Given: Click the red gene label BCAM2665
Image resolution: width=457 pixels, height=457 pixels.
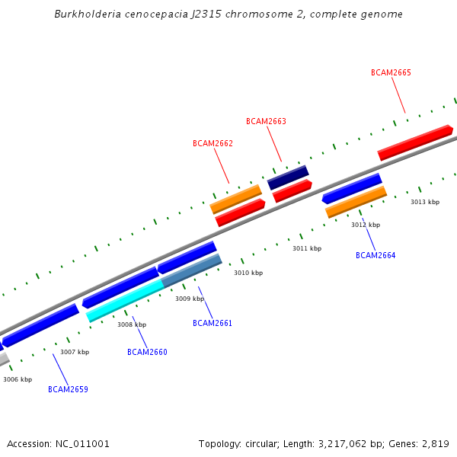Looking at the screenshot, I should [x=391, y=72].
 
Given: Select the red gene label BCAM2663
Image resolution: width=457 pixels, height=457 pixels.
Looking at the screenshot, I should [x=266, y=121].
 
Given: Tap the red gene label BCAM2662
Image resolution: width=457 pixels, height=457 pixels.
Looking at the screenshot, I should [x=213, y=143].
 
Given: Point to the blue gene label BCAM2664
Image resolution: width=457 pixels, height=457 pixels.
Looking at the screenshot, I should [x=376, y=255].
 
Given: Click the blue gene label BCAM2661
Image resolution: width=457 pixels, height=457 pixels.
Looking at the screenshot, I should [x=213, y=323].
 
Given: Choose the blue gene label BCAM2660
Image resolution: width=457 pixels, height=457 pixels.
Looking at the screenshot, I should [x=147, y=352].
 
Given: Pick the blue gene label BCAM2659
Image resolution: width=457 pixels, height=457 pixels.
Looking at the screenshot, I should [x=68, y=389].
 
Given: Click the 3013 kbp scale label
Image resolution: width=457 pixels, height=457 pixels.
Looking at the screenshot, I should [x=425, y=202].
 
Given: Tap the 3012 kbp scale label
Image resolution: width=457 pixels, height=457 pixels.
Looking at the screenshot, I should [x=366, y=225].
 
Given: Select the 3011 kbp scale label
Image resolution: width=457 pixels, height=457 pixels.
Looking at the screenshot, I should [x=307, y=248].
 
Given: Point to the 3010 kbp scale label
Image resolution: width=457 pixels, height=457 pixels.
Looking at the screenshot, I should [x=248, y=273].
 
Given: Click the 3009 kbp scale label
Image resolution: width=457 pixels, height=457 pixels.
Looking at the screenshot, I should [x=190, y=299].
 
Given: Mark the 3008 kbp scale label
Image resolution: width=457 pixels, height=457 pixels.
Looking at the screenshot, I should [x=132, y=324].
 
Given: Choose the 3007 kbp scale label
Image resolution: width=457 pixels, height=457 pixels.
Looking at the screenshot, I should [x=75, y=352].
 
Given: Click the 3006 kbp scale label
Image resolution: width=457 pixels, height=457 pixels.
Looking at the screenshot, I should [x=18, y=379].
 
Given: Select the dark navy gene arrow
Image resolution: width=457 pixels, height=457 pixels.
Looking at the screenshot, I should [x=288, y=177].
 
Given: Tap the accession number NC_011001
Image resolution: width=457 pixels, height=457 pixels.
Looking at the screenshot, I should [x=82, y=443].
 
